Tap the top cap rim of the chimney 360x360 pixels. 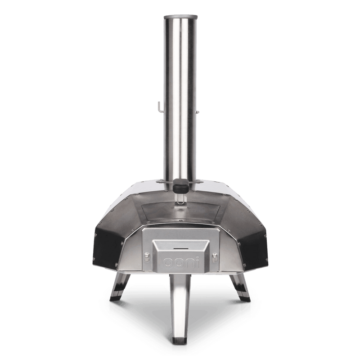[180, 17]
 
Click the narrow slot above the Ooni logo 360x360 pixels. [180, 247]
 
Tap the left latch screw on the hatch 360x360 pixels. [146, 257]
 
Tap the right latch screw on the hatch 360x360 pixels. [214, 257]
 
